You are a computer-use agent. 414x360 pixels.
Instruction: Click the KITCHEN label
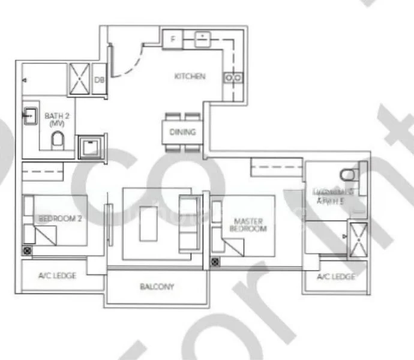point(190,76)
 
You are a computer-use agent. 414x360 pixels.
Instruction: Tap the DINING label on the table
point(182,132)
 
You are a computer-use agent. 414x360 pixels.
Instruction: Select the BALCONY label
point(157,287)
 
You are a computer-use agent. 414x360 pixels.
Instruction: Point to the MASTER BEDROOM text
point(248,225)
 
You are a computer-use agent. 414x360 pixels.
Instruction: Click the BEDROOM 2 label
point(60,219)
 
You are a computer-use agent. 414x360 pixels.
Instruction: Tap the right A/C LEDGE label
point(336,277)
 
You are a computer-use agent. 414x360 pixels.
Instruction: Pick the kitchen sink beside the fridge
point(202,40)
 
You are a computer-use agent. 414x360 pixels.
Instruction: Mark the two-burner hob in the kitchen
point(233,77)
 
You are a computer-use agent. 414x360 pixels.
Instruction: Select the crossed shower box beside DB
point(79,79)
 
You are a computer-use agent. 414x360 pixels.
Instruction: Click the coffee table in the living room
point(148,224)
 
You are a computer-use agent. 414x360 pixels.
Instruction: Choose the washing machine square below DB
point(91,146)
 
